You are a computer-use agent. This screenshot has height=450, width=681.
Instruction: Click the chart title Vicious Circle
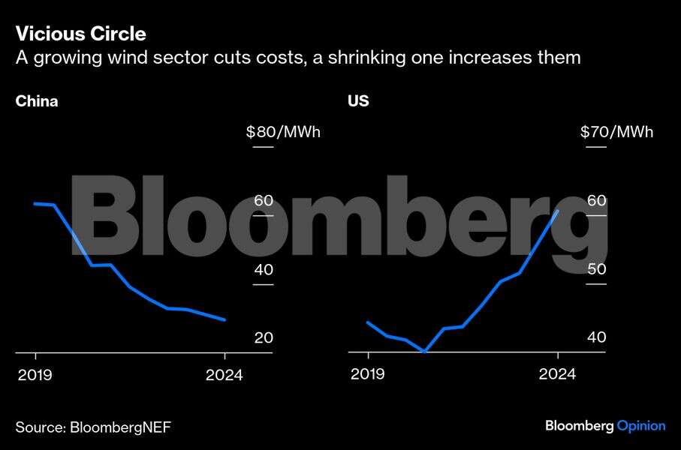[x=80, y=34]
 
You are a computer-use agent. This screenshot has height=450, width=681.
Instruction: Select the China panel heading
[x=37, y=101]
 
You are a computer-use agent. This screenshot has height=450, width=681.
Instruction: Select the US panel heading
[x=358, y=101]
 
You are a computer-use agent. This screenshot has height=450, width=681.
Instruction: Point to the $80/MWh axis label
[x=282, y=133]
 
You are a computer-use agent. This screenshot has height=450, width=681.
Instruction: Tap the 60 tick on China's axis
[x=263, y=201]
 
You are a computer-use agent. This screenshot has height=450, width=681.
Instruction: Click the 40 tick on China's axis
[x=263, y=270]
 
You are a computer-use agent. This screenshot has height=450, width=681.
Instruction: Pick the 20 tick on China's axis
[x=263, y=338]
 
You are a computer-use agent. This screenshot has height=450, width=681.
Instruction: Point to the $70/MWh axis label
[x=616, y=133]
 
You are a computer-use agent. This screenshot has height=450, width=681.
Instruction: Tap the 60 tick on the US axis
[x=596, y=201]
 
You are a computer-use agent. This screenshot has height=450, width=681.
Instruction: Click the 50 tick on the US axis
[x=596, y=270]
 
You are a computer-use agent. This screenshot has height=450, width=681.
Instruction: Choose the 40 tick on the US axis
[x=596, y=338]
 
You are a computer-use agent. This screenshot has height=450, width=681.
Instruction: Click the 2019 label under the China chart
[x=35, y=375]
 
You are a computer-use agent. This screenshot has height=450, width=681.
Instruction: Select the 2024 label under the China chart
[x=224, y=375]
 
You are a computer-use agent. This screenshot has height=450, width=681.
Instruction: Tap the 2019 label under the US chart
[x=368, y=375]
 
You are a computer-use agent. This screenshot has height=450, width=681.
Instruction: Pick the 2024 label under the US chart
[x=558, y=375]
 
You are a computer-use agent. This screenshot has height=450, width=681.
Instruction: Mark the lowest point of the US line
[x=425, y=351]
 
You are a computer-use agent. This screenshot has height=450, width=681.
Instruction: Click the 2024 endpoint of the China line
[x=224, y=319]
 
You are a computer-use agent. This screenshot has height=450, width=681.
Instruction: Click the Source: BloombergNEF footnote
[x=93, y=427]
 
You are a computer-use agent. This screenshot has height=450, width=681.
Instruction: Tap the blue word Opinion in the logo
[x=640, y=426]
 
